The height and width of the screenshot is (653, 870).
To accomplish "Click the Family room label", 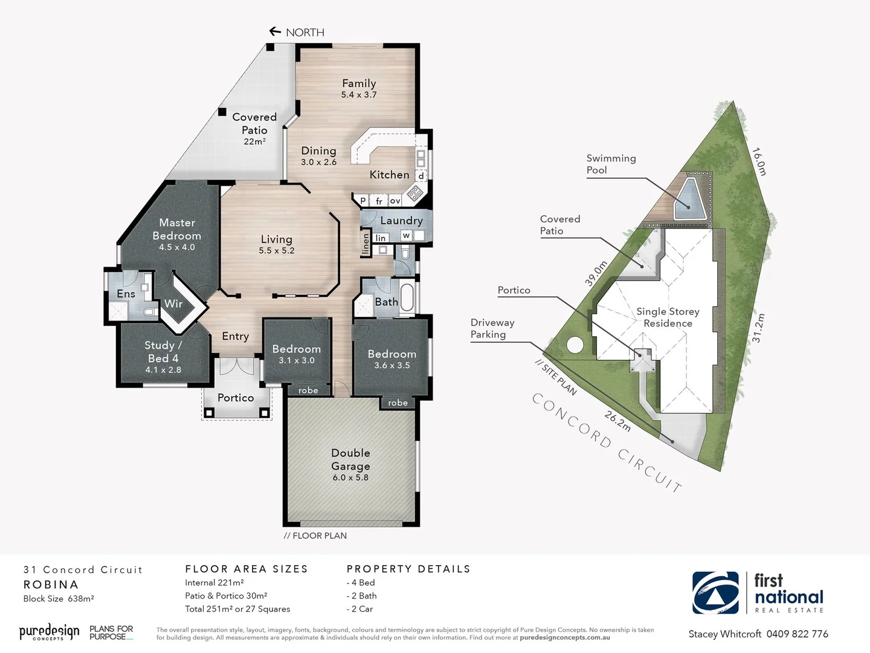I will click(x=359, y=83).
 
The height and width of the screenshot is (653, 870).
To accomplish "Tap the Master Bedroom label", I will click(x=176, y=229).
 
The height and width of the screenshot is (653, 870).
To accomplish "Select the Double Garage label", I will click(x=350, y=460).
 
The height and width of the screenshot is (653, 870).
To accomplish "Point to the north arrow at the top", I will click(x=275, y=31).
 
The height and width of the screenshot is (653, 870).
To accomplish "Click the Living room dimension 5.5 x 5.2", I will click(x=277, y=250).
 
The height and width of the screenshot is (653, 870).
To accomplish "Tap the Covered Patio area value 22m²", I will click(x=254, y=141).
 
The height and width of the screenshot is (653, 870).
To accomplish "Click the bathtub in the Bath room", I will click(x=407, y=297).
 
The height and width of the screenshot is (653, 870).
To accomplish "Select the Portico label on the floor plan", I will click(x=236, y=397).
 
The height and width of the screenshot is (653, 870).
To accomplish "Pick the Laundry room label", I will click(x=401, y=221).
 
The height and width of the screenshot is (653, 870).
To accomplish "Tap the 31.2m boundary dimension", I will click(x=758, y=328).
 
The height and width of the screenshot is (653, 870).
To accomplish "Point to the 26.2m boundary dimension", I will click(x=617, y=421).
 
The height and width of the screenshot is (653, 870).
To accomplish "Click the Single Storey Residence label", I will click(x=668, y=317).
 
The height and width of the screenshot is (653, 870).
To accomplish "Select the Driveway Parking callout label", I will click(x=492, y=328).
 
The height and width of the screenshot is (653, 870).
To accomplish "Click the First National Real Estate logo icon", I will click(x=715, y=593).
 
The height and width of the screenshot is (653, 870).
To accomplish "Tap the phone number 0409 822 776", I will click(x=797, y=634).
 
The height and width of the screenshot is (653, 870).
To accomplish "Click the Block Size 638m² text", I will click(x=59, y=599).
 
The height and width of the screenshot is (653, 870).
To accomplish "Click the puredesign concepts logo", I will click(x=49, y=632).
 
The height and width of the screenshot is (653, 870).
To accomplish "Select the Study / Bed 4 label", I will click(x=163, y=351).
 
